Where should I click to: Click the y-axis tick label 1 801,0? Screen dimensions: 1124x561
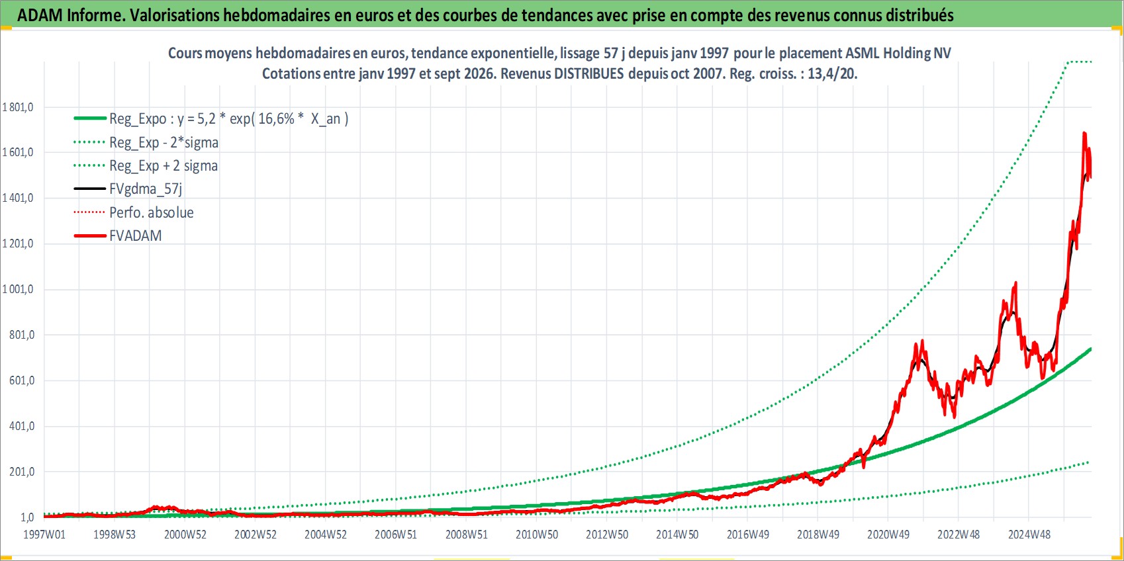(18, 107)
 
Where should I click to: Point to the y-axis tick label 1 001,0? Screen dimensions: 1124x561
(18, 289)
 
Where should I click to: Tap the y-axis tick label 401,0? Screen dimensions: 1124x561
(22, 426)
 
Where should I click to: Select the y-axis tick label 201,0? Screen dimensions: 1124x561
(22, 472)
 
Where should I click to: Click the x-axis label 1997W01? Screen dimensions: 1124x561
(44, 535)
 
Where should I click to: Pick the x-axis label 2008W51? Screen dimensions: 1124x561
(467, 535)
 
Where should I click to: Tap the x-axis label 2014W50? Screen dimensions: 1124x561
(677, 535)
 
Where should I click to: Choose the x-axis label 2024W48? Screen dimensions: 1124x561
(1029, 535)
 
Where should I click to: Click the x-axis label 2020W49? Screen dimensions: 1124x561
(888, 535)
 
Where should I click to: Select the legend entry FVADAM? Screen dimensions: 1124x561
(136, 236)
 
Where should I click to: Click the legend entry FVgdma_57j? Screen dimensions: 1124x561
(146, 189)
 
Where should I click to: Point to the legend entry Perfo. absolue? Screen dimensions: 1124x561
(152, 212)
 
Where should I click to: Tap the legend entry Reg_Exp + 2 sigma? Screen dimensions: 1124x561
(164, 166)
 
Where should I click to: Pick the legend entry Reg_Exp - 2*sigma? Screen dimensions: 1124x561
(164, 143)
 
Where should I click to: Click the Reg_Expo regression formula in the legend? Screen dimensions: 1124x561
(229, 119)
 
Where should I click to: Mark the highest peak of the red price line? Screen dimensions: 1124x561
(1084, 134)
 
